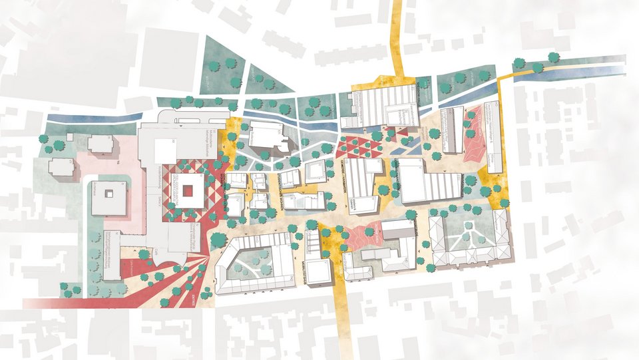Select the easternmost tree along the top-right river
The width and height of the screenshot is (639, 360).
click(x=553, y=58)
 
